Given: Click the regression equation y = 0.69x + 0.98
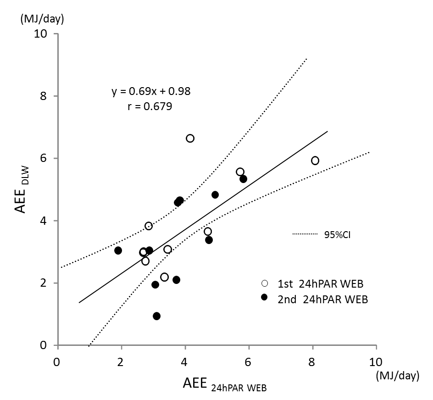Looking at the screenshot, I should [x=151, y=91].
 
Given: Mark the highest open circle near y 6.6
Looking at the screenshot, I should [x=190, y=139].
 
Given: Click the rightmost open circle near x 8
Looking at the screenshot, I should [x=315, y=161].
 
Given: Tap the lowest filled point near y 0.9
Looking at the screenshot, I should [x=156, y=316].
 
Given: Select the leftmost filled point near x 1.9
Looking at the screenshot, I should [x=118, y=250].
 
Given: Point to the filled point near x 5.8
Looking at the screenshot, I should [x=243, y=179].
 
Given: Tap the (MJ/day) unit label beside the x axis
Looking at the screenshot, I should [x=397, y=376].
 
